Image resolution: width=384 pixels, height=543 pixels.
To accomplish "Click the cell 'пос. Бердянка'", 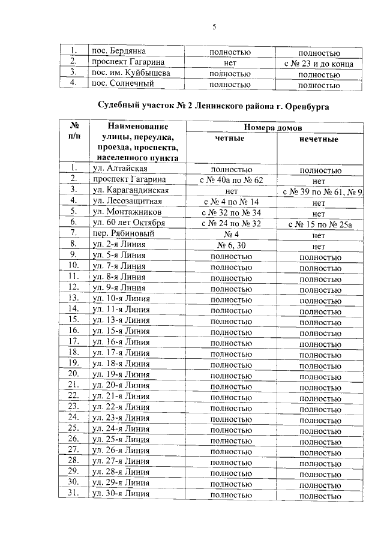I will [x=118, y=52].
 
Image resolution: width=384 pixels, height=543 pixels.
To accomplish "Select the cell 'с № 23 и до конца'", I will [x=319, y=62].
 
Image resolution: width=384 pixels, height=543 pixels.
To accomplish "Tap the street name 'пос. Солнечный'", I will [x=119, y=84].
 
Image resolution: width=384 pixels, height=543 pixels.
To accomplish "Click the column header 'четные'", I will [x=229, y=139].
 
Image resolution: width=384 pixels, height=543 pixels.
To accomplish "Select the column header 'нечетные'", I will [x=319, y=139].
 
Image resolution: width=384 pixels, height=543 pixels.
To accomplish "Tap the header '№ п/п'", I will [x=75, y=131].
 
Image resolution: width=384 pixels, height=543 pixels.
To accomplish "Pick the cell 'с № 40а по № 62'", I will [x=230, y=179].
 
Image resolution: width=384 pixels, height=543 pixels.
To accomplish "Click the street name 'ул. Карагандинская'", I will [x=130, y=190].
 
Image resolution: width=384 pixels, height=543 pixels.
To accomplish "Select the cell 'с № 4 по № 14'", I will [x=230, y=201].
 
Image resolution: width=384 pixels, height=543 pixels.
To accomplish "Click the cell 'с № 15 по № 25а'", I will [x=319, y=223].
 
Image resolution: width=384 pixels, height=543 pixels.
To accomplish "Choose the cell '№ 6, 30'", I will [x=230, y=244].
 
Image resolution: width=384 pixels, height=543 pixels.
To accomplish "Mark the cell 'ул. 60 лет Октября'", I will [x=128, y=223].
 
